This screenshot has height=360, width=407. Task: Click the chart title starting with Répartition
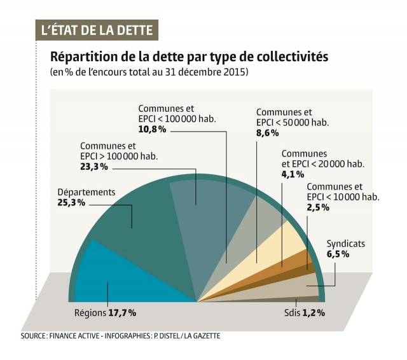coord(189,57)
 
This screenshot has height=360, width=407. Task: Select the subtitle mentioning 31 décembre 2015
coord(149,73)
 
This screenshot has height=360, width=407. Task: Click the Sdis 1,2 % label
coord(305,313)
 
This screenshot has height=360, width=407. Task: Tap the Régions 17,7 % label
coord(106,313)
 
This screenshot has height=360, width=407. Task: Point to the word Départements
coord(86,192)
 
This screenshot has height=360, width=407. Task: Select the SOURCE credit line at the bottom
coord(120,336)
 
